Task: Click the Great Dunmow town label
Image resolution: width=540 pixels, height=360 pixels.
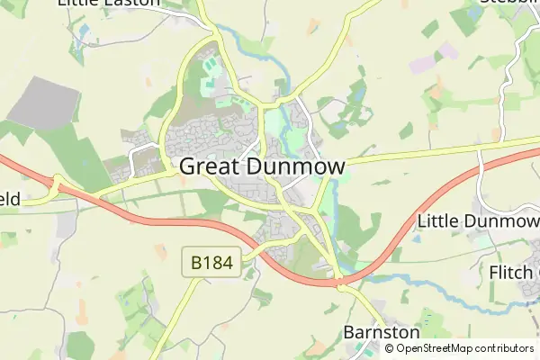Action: [263, 166]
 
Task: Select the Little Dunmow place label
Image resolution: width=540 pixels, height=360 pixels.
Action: [478, 221]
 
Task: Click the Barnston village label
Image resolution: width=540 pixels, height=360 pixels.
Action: [382, 333]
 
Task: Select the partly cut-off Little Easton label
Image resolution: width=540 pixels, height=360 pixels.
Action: [108, 3]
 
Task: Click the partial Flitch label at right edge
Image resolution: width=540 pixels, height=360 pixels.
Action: [513, 272]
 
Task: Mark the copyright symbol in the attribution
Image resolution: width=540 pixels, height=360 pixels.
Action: [390, 348]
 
